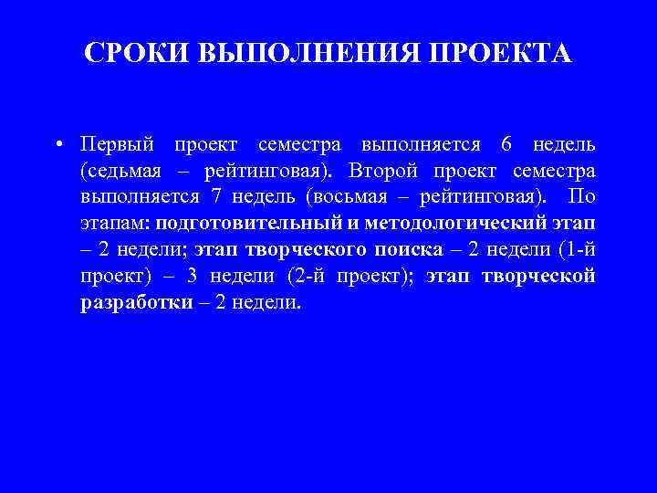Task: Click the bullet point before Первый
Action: point(57,145)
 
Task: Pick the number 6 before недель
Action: point(506,145)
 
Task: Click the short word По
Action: point(582,197)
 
